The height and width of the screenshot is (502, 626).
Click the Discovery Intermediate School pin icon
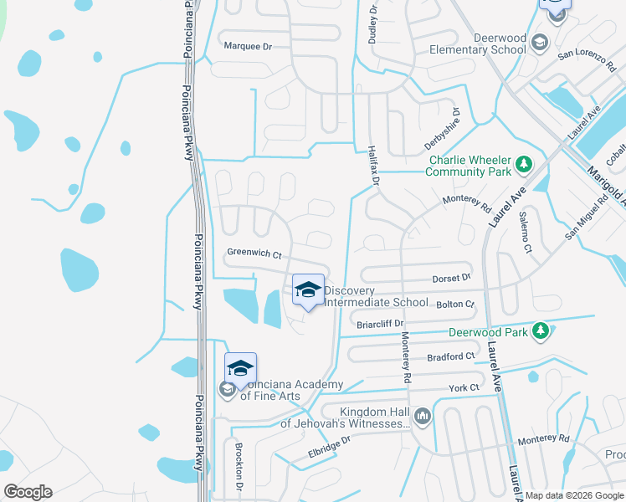click(308, 290)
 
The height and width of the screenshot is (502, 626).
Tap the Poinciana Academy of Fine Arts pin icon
click(240, 369)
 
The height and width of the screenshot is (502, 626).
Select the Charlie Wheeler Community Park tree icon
click(524, 163)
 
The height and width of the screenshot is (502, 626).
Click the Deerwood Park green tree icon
click(541, 331)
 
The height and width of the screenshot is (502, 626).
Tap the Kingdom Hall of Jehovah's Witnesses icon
click(423, 416)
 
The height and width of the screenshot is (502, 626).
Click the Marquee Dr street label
click(248, 46)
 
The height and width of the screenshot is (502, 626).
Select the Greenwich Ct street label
click(254, 252)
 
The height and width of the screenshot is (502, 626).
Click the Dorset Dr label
click(452, 276)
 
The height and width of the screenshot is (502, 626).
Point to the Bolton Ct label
click(456, 305)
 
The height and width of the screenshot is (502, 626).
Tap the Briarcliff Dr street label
click(380, 323)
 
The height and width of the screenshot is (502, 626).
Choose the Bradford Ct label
click(450, 356)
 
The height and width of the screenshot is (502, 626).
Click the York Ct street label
click(464, 387)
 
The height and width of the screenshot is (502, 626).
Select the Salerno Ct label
click(525, 231)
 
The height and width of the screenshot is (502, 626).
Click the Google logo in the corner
click(28, 492)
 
